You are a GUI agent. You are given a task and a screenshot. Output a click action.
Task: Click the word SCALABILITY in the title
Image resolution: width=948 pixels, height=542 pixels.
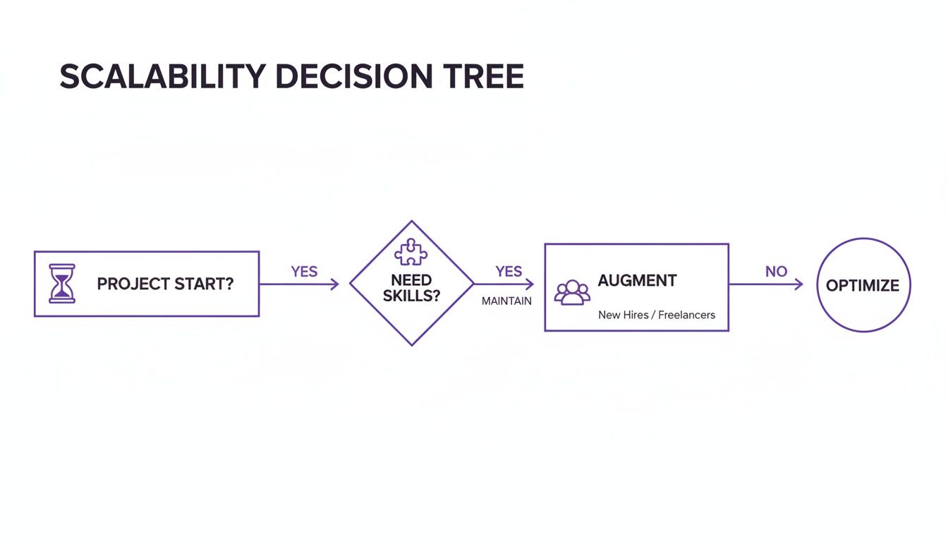[x=163, y=76]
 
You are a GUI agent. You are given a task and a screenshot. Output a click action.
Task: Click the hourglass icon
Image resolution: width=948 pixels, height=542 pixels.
[x=62, y=284]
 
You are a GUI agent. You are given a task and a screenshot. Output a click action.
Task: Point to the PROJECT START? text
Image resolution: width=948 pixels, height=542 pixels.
[x=165, y=284]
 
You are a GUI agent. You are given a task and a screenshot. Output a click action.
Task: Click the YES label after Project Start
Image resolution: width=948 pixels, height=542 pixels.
[x=304, y=272]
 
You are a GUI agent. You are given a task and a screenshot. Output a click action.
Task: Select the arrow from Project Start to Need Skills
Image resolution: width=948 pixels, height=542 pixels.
[x=299, y=284]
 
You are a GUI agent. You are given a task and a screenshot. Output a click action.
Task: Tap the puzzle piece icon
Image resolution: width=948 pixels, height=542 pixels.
[x=411, y=253]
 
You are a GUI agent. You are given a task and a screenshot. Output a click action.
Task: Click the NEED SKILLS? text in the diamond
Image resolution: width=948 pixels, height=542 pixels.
[x=411, y=289]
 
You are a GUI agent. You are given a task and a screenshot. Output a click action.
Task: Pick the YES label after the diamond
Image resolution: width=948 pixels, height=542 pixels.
[x=509, y=272]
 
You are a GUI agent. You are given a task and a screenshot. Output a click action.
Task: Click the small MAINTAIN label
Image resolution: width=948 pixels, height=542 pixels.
[x=506, y=301]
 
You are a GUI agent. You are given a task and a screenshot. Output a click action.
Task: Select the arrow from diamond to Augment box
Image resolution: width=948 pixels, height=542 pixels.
[x=504, y=284]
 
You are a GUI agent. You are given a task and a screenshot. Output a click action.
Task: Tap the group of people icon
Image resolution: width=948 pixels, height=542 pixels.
[x=572, y=292]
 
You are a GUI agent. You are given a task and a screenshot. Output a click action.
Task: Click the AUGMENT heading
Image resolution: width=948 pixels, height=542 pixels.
[x=637, y=281]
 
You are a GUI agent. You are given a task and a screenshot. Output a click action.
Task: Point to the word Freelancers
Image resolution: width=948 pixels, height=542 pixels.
[x=686, y=315]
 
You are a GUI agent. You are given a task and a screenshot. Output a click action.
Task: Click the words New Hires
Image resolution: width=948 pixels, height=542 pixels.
[x=624, y=315]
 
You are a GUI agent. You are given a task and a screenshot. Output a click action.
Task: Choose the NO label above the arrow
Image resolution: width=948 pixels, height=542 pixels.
[x=776, y=271]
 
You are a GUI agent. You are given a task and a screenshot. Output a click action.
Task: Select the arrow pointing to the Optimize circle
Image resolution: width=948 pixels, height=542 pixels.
[x=765, y=284]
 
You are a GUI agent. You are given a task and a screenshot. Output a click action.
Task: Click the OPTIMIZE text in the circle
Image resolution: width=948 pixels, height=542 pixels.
[x=863, y=286]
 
